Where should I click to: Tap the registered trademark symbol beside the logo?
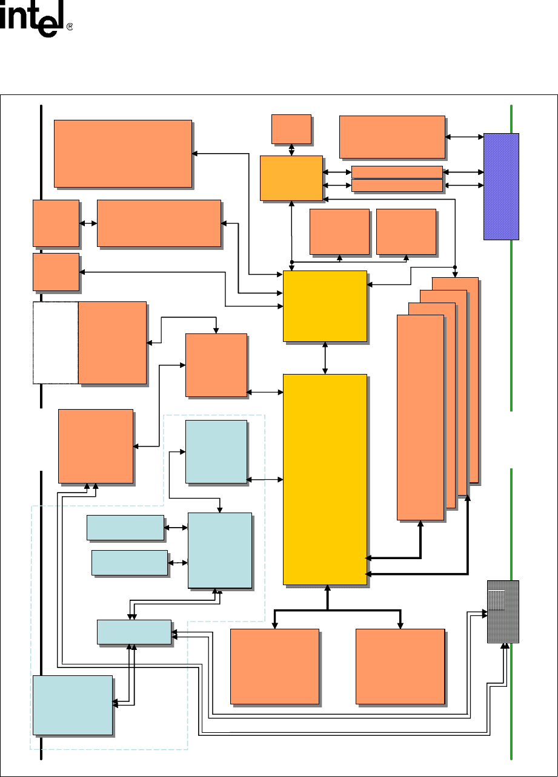70,27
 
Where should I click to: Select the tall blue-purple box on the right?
501,186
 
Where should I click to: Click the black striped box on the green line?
503,611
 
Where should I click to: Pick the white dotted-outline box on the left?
55,342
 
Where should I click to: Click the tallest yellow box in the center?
325,479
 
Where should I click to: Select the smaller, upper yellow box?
325,306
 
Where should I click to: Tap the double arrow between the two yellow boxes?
326,358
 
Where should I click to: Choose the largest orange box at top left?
123,153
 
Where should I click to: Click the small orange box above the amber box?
291,128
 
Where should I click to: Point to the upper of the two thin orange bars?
397,172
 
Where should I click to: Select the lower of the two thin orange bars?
397,185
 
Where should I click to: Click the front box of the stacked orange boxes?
420,417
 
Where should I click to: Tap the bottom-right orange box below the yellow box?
400,666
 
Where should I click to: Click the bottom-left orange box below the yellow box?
274,666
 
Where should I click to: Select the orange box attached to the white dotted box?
112,342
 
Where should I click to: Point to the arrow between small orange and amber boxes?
292,149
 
